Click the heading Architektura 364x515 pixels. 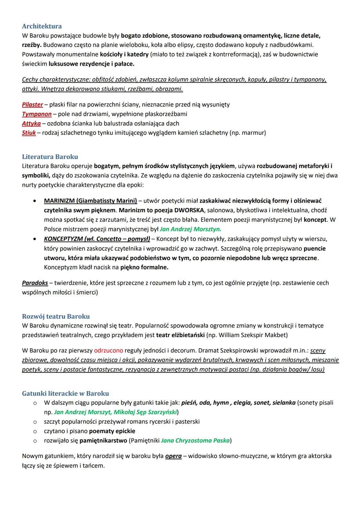(42, 26)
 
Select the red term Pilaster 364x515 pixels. (32, 105)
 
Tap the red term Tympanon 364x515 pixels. (37, 114)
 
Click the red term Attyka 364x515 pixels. (31, 123)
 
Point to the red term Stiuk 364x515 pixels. (29, 133)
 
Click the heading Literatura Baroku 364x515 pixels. (50, 157)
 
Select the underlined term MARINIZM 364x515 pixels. (59, 201)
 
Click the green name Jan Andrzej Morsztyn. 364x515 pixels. (190, 229)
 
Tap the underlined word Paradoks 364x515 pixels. (35, 283)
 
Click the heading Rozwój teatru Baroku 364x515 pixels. (56, 316)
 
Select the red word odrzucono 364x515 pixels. (109, 351)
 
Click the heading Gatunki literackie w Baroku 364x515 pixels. (65, 393)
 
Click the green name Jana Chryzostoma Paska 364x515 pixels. (195, 440)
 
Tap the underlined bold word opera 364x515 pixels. (173, 456)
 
